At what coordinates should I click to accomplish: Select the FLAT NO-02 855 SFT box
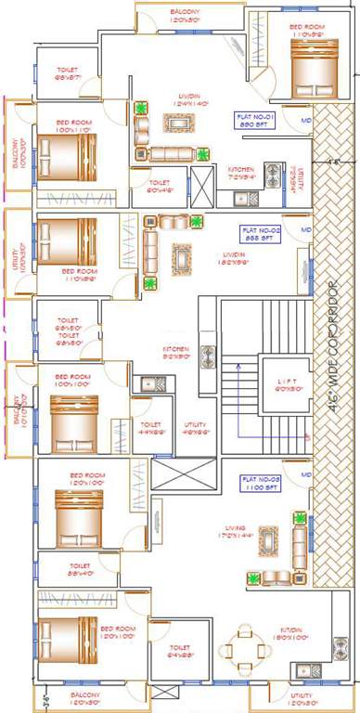click(255, 233)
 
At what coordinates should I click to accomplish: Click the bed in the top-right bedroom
click(306, 72)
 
